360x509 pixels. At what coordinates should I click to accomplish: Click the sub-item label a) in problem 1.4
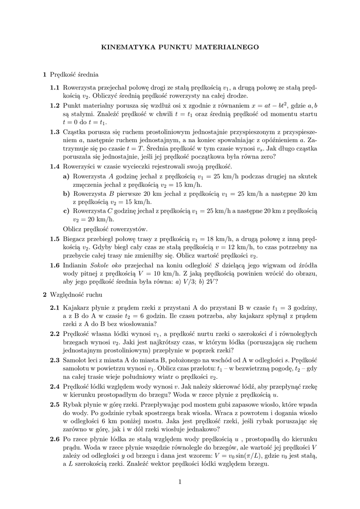(x=66, y=176)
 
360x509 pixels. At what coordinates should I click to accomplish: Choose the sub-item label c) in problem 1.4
(x=66, y=211)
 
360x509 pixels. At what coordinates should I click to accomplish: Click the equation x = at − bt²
(x=263, y=105)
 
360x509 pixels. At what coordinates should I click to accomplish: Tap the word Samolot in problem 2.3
(x=76, y=360)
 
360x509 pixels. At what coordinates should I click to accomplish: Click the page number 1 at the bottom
(x=180, y=481)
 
